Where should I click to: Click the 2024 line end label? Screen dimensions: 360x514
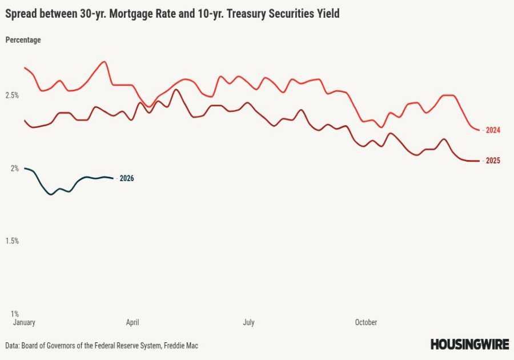click(x=493, y=130)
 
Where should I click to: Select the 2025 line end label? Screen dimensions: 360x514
click(x=493, y=161)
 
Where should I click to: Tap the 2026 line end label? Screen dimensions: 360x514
click(x=126, y=178)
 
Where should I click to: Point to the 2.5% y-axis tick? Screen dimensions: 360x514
click(x=12, y=95)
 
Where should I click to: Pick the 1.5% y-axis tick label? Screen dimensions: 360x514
click(x=12, y=241)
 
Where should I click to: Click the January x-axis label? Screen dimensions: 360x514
click(x=24, y=322)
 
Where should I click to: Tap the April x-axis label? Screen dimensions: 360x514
click(x=132, y=322)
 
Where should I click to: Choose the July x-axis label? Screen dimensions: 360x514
click(x=248, y=322)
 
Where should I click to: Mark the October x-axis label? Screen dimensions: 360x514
click(x=366, y=322)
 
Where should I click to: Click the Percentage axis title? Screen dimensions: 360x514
click(x=23, y=40)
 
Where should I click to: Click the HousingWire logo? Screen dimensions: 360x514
click(x=469, y=344)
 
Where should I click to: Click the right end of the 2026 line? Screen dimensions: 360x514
click(x=113, y=178)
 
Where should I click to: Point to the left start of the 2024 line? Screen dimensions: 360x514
click(x=25, y=67)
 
